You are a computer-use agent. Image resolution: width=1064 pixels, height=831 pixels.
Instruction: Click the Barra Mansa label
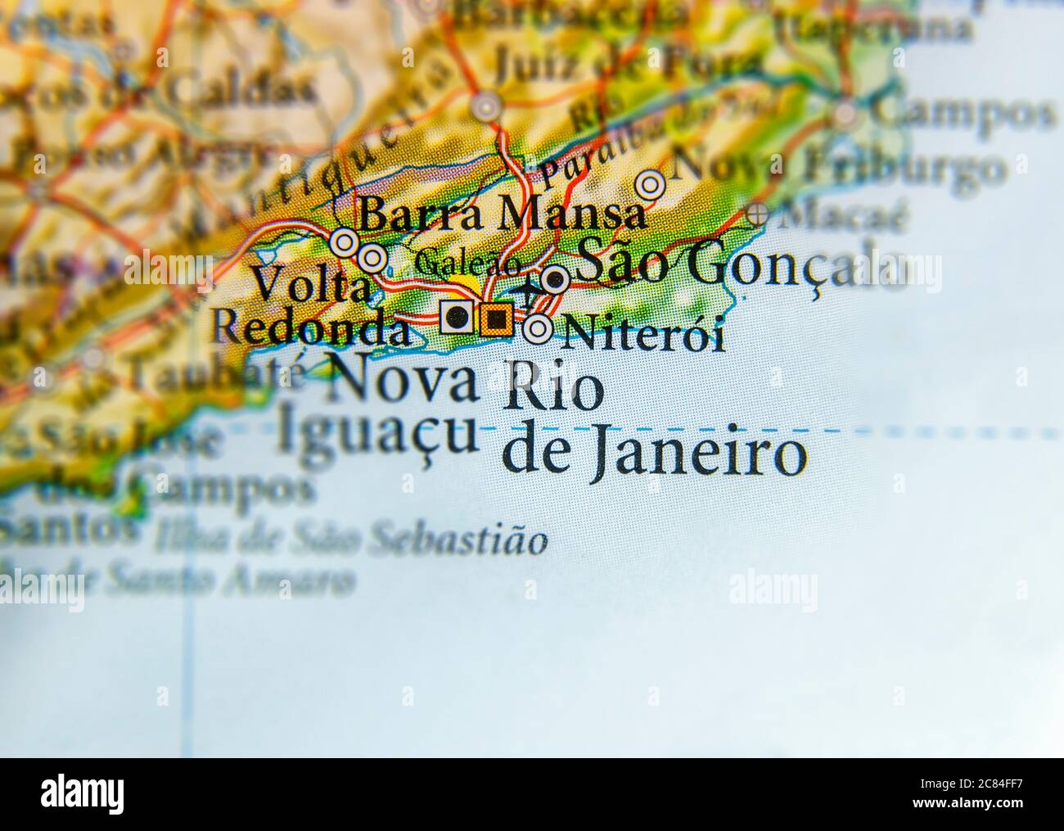pyautogui.click(x=502, y=215)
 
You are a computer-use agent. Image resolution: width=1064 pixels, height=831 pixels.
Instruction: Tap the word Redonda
pyautogui.click(x=310, y=328)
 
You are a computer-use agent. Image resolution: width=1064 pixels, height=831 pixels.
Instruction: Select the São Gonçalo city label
pyautogui.click(x=741, y=265)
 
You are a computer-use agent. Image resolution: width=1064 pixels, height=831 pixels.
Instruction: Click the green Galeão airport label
pyautogui.click(x=467, y=264)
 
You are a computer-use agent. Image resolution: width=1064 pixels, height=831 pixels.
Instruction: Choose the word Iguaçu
pyautogui.click(x=376, y=431)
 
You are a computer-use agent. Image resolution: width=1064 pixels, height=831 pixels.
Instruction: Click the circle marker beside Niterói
pyautogui.click(x=538, y=329)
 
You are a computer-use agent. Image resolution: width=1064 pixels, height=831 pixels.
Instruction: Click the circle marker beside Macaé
pyautogui.click(x=758, y=216)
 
